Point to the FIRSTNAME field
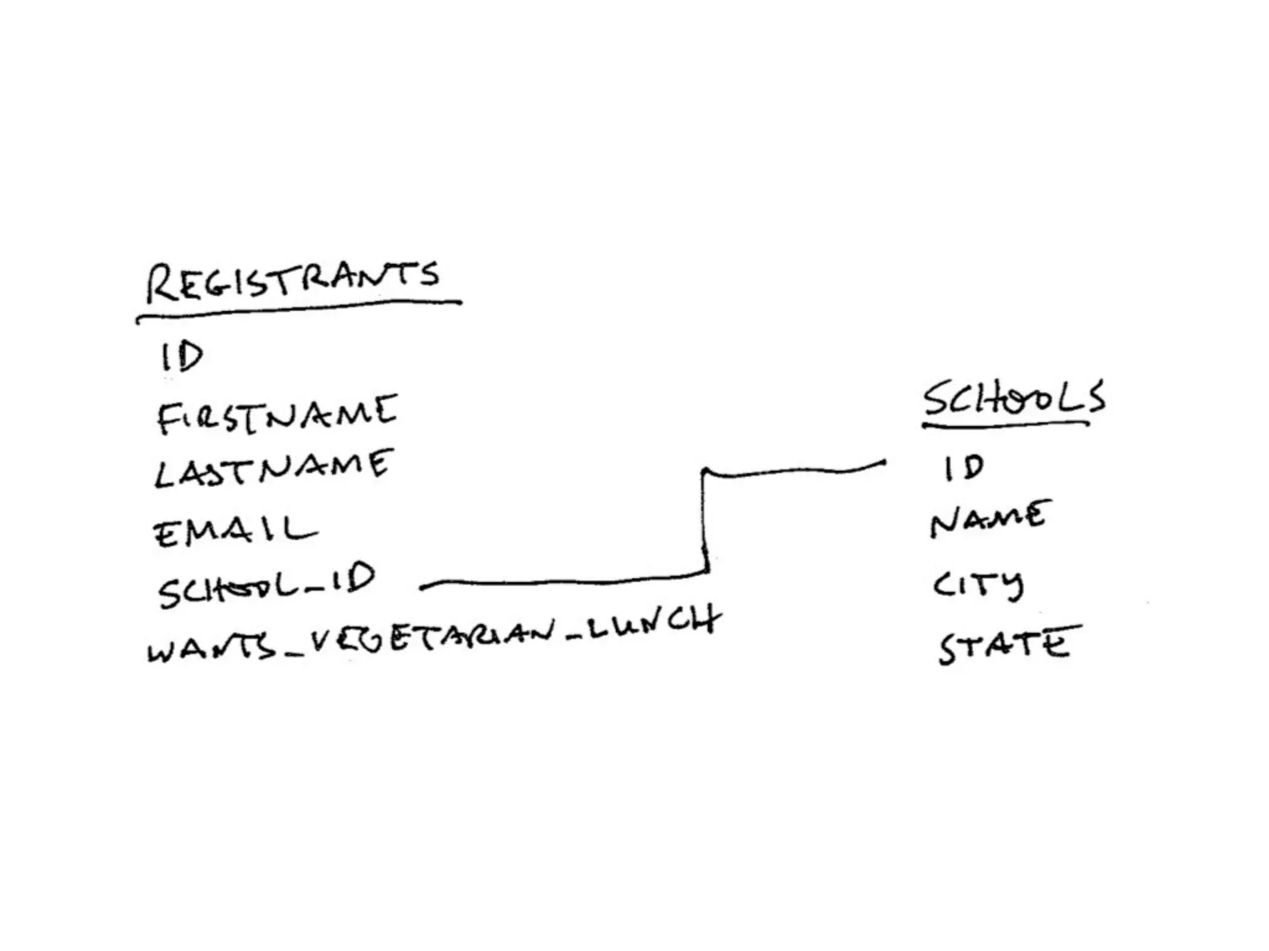click(x=276, y=414)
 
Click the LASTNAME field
click(x=273, y=468)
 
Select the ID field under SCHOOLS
click(x=964, y=467)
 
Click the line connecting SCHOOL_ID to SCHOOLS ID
click(x=704, y=526)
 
